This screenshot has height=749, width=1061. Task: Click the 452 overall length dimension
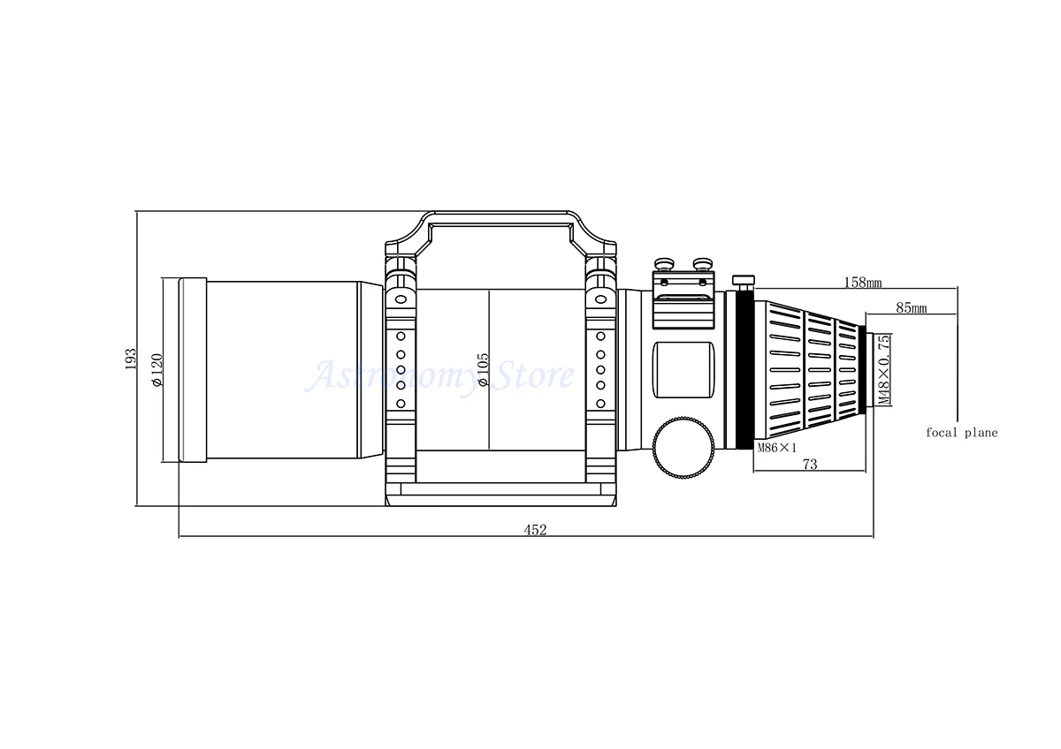[x=535, y=530]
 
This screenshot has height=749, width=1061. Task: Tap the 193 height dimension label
[x=130, y=359]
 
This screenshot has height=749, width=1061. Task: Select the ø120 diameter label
[x=156, y=370]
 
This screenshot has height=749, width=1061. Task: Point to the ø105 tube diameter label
[x=483, y=369]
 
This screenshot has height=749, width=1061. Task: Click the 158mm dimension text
[x=863, y=283]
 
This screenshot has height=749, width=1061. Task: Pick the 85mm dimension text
[x=911, y=308]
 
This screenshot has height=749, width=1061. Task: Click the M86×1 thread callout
[x=777, y=448]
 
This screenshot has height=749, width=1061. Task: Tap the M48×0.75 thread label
[x=884, y=369]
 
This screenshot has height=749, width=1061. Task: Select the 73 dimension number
[x=810, y=465]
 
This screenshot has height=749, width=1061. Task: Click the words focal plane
[x=962, y=433]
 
